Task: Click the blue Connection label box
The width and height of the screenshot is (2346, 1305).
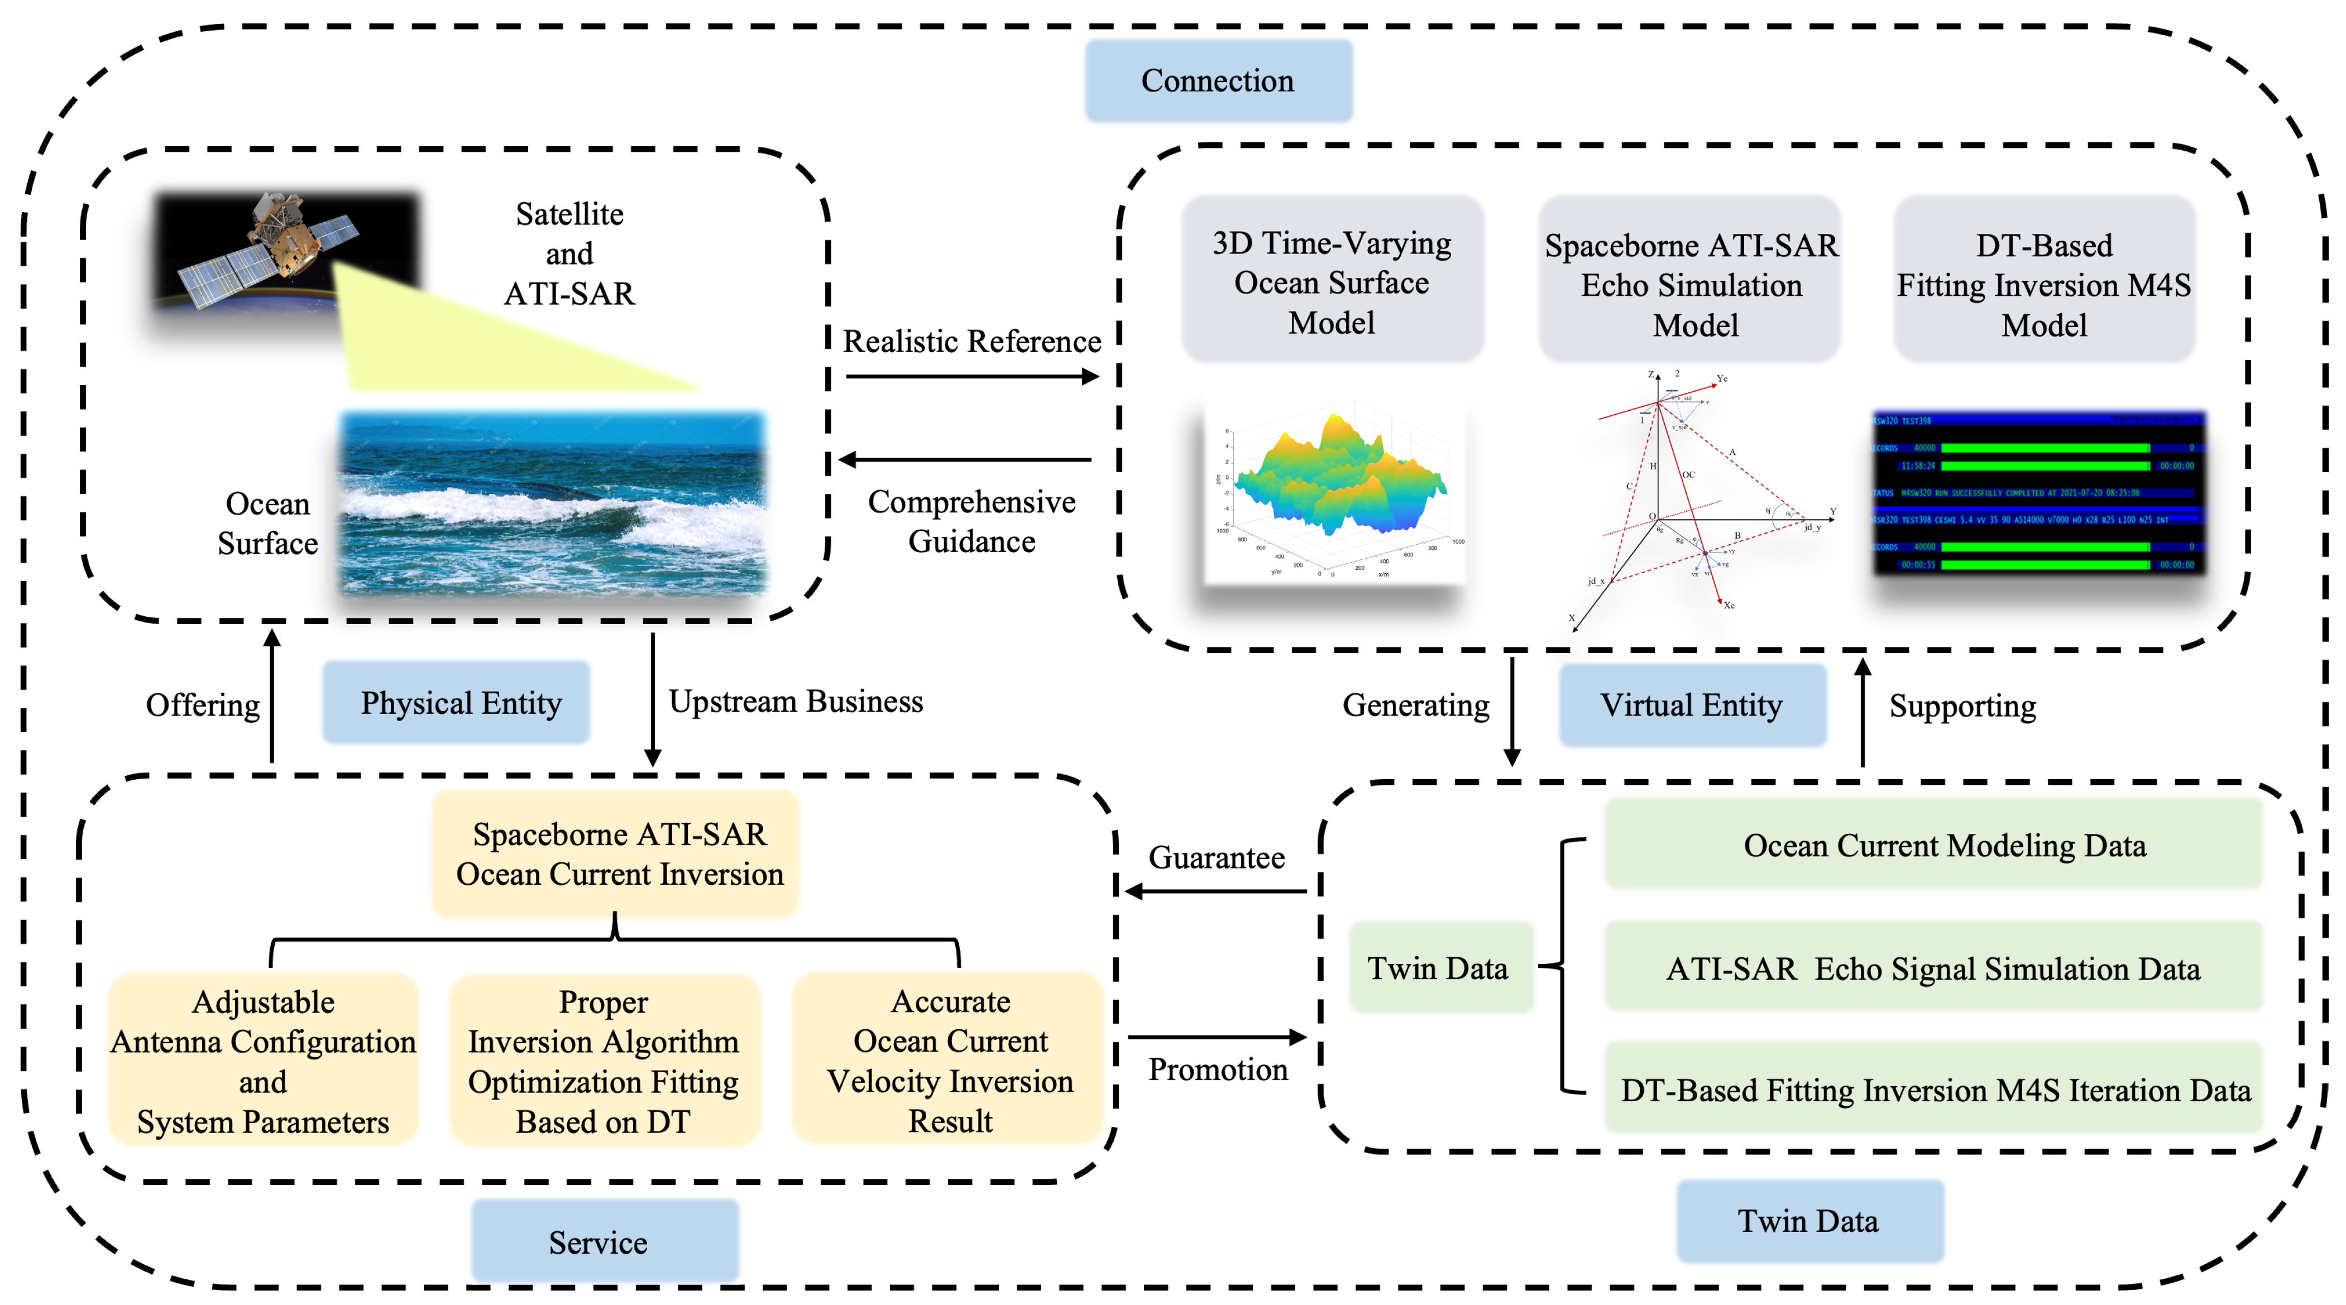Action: [x=1218, y=80]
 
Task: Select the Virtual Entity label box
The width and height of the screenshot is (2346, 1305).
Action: [x=1691, y=705]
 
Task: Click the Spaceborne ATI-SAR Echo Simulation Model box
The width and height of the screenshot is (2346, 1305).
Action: [x=1691, y=282]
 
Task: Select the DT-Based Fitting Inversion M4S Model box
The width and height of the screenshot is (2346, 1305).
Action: [x=2043, y=282]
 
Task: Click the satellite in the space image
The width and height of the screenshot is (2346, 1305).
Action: [x=273, y=241]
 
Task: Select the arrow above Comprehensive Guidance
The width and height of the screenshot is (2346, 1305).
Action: [x=965, y=460]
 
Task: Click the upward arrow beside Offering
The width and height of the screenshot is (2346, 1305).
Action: [x=271, y=697]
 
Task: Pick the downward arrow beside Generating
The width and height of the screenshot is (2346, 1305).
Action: [x=1512, y=711]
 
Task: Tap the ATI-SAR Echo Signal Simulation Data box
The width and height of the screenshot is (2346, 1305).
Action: [x=1932, y=967]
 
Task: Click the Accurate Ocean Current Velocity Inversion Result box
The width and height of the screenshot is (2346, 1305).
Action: [x=949, y=1060]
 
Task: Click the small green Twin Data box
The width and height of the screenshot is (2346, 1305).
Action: [x=1439, y=967]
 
